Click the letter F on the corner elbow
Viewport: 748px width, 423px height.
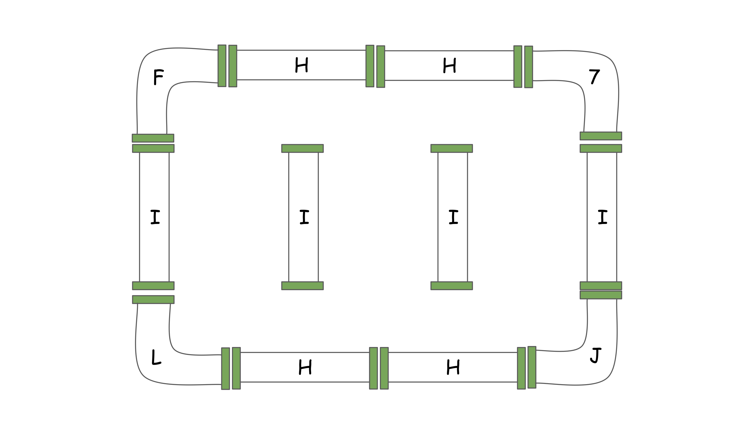coord(158,77)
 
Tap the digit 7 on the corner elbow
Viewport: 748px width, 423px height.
coord(594,76)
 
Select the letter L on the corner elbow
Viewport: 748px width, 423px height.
coord(156,358)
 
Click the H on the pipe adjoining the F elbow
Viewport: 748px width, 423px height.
coord(301,65)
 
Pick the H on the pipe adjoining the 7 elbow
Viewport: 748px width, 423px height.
coord(449,66)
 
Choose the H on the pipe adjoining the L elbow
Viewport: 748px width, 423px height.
coord(305,367)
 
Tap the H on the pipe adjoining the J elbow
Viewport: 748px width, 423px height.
coord(453,367)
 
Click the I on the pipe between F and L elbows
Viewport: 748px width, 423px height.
coord(155,217)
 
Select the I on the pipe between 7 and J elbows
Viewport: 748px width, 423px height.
coord(602,217)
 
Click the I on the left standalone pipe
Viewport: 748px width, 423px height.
coord(304,217)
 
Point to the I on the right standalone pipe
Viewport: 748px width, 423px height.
coord(453,217)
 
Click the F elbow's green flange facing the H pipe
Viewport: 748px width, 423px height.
coord(222,66)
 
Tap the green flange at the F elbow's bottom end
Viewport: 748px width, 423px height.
coord(153,138)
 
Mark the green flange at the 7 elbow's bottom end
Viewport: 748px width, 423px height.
coord(601,136)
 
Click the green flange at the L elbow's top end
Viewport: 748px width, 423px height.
coord(153,300)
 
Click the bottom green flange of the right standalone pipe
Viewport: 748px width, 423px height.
coord(452,286)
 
